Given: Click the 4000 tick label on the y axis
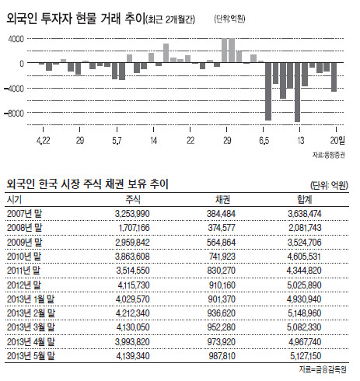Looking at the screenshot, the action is tap(16, 39).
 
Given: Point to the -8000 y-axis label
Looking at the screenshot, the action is tap(14, 113).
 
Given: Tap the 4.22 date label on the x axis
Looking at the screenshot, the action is tap(44, 141).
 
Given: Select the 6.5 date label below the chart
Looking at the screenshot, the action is tap(264, 141).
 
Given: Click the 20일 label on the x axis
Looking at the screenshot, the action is tap(337, 140).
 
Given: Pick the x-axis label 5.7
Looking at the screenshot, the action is tap(117, 141).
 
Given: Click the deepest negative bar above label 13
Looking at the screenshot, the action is tap(297, 92).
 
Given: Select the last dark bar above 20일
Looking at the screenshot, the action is tap(334, 77).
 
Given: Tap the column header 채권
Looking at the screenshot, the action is tap(222, 199).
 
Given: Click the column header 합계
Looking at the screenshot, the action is tap(305, 199).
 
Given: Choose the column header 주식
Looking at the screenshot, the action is tap(133, 199).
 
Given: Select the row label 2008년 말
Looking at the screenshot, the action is tap(24, 228).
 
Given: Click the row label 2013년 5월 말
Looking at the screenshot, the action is tap(31, 356).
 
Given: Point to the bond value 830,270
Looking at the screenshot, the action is tap(221, 271).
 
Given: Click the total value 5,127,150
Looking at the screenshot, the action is tap(306, 356).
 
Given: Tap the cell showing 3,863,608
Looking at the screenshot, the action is tap(132, 257).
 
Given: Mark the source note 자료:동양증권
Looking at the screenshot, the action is tap(329, 155).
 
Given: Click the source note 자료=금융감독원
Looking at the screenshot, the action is tap(323, 369).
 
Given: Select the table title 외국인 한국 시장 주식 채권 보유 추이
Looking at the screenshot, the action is tap(88, 184).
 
